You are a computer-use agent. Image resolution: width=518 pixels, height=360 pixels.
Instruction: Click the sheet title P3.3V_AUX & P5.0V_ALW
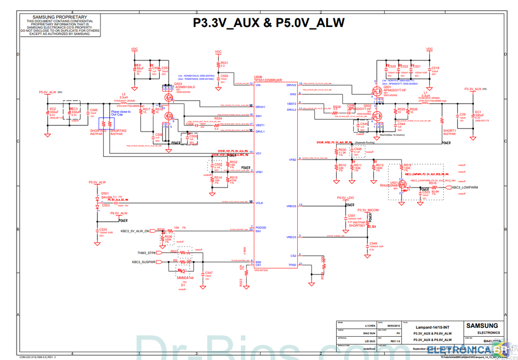(268, 23)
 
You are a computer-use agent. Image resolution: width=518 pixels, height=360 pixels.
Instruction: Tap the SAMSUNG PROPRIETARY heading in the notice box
(60, 17)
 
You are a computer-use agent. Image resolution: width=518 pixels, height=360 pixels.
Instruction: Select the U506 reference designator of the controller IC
(258, 76)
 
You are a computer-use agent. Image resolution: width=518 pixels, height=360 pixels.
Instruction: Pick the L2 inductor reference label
(123, 94)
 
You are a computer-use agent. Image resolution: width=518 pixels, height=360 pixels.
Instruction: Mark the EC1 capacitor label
(478, 111)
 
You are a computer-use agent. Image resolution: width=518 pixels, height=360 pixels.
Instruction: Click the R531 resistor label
(224, 63)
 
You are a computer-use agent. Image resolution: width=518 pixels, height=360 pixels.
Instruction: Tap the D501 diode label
(105, 193)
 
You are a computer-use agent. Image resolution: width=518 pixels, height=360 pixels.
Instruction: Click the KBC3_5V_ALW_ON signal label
(135, 231)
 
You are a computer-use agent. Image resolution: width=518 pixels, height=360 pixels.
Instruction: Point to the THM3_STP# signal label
(147, 253)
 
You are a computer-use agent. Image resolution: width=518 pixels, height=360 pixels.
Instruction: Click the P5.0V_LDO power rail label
(345, 198)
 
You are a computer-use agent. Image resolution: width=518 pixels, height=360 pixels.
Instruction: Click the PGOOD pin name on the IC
(261, 227)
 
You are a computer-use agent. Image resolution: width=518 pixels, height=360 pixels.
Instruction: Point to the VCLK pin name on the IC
(260, 203)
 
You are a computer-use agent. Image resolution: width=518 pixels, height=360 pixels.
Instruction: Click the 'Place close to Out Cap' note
(121, 113)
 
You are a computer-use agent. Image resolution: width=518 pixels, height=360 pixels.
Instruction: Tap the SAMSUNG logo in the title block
(482, 326)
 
